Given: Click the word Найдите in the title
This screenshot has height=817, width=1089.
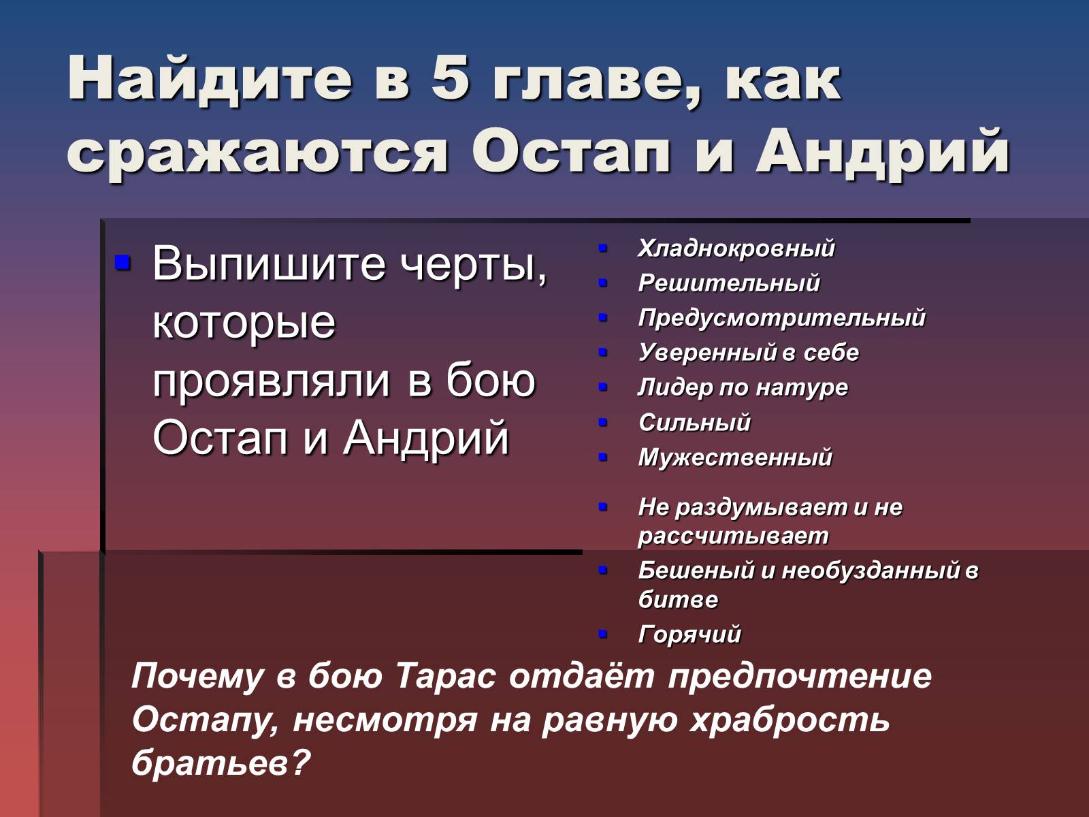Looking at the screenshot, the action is (x=210, y=80).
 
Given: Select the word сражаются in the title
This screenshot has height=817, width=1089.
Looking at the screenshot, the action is (x=257, y=150).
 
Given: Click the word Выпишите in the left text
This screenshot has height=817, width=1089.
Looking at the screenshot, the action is (x=268, y=264).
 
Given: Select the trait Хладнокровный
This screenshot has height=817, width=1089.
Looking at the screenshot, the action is (x=736, y=248).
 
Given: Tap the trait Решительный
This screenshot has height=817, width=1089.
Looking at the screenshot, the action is (x=729, y=283).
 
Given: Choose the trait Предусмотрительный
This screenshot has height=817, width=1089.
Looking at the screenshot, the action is (x=781, y=318).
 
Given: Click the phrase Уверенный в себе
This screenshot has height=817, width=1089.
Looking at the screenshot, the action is (x=748, y=353).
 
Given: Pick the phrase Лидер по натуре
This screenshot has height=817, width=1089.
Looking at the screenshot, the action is (x=743, y=387).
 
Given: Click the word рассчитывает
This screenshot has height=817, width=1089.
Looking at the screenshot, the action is (x=733, y=536).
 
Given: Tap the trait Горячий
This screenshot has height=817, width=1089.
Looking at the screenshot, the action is (x=689, y=635).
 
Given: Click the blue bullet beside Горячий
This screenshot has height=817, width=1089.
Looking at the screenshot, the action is (x=603, y=634).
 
